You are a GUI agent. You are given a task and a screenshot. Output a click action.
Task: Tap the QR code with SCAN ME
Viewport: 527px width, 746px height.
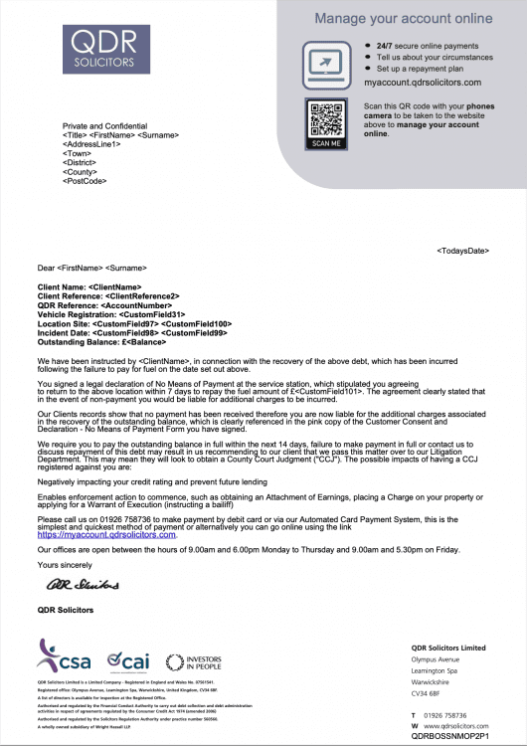click(326, 122)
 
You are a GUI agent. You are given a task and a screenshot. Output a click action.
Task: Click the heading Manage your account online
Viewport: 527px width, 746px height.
click(404, 18)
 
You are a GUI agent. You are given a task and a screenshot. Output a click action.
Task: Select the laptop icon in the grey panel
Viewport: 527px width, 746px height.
click(326, 63)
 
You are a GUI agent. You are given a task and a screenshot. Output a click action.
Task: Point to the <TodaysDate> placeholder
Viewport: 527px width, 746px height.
click(462, 250)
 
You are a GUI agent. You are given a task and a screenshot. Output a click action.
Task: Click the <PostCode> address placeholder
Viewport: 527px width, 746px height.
click(84, 181)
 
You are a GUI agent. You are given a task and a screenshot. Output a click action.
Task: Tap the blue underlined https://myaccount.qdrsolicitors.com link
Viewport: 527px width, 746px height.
click(106, 535)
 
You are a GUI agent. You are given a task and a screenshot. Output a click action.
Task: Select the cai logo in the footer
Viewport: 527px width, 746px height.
click(128, 659)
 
